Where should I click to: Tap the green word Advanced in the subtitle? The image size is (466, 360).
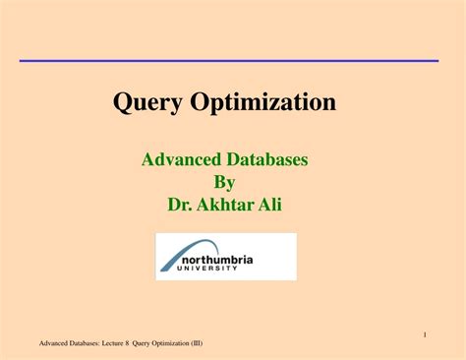(182, 159)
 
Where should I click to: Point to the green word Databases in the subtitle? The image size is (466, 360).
(267, 159)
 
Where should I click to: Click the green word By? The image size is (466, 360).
(225, 182)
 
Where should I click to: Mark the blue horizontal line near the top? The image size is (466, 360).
(229, 60)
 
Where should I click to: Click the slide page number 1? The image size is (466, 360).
(424, 334)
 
